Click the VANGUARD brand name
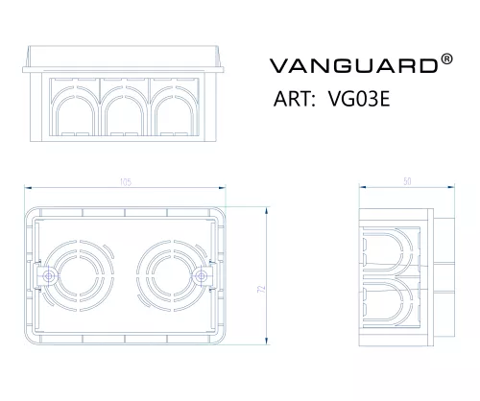(x=353, y=65)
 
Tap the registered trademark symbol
(x=446, y=59)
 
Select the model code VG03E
(x=359, y=99)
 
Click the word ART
(x=292, y=99)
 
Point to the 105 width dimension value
(x=126, y=182)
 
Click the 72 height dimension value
(x=261, y=290)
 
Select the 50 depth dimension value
(x=407, y=181)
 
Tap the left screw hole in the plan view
(x=49, y=276)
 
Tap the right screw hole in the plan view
(x=202, y=276)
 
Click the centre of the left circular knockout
(x=79, y=276)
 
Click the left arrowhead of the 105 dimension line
(x=28, y=188)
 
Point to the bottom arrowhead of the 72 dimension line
(x=266, y=341)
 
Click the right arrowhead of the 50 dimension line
(x=450, y=187)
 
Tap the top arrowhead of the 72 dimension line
(x=266, y=211)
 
